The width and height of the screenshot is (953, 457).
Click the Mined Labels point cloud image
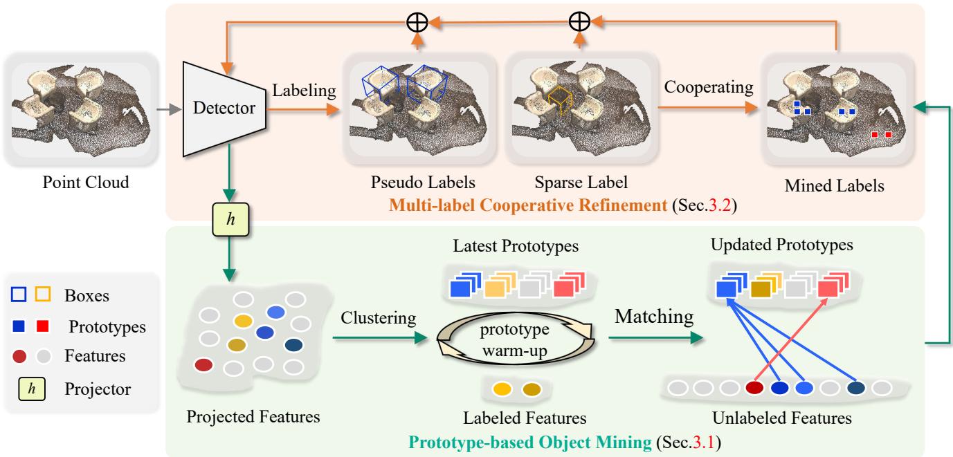[837, 111]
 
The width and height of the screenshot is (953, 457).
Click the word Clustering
[378, 319]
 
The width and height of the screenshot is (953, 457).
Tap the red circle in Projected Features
[203, 364]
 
